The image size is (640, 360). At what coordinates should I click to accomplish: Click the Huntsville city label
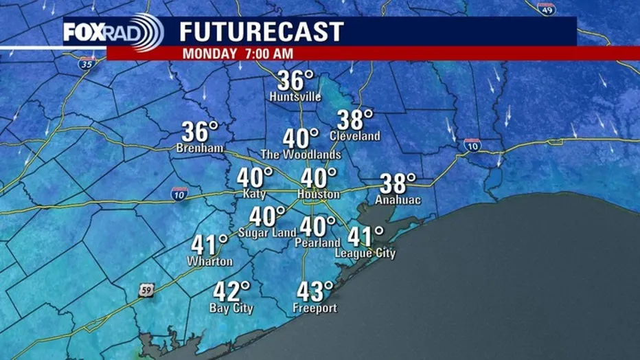pos(295,97)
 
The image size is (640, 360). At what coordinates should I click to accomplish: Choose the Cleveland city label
pos(354,136)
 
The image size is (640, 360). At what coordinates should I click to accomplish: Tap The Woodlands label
pos(301,155)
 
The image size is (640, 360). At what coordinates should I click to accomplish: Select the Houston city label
pos(318,195)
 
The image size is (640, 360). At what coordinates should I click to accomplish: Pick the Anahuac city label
pos(398,200)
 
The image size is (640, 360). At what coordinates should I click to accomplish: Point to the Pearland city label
pos(317,243)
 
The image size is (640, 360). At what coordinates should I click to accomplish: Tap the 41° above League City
pos(365,236)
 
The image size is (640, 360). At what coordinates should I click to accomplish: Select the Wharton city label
pos(209,261)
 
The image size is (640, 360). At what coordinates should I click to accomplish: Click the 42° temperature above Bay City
pos(231,291)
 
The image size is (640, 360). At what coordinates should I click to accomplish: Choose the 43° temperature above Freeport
pos(315,291)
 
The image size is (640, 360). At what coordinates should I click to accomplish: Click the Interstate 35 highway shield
pos(87,65)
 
